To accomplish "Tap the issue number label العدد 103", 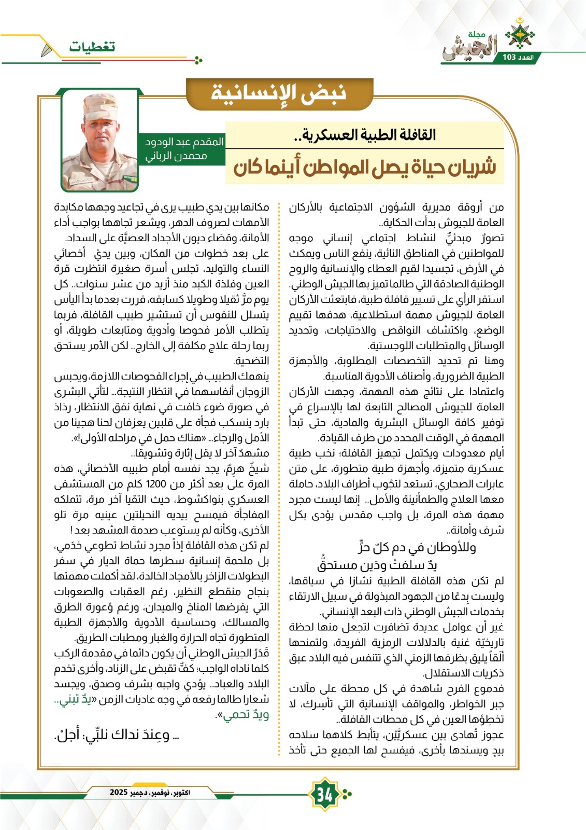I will [517, 57].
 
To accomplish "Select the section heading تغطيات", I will [92, 47].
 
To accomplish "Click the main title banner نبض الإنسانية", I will [279, 93].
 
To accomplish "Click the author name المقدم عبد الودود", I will [184, 142].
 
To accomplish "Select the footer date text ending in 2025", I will [150, 792].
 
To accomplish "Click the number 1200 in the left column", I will [155, 484].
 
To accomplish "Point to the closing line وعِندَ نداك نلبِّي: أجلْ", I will [117, 735].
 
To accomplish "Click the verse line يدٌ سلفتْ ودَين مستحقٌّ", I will [377, 564].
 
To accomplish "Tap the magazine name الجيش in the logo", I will [469, 48].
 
